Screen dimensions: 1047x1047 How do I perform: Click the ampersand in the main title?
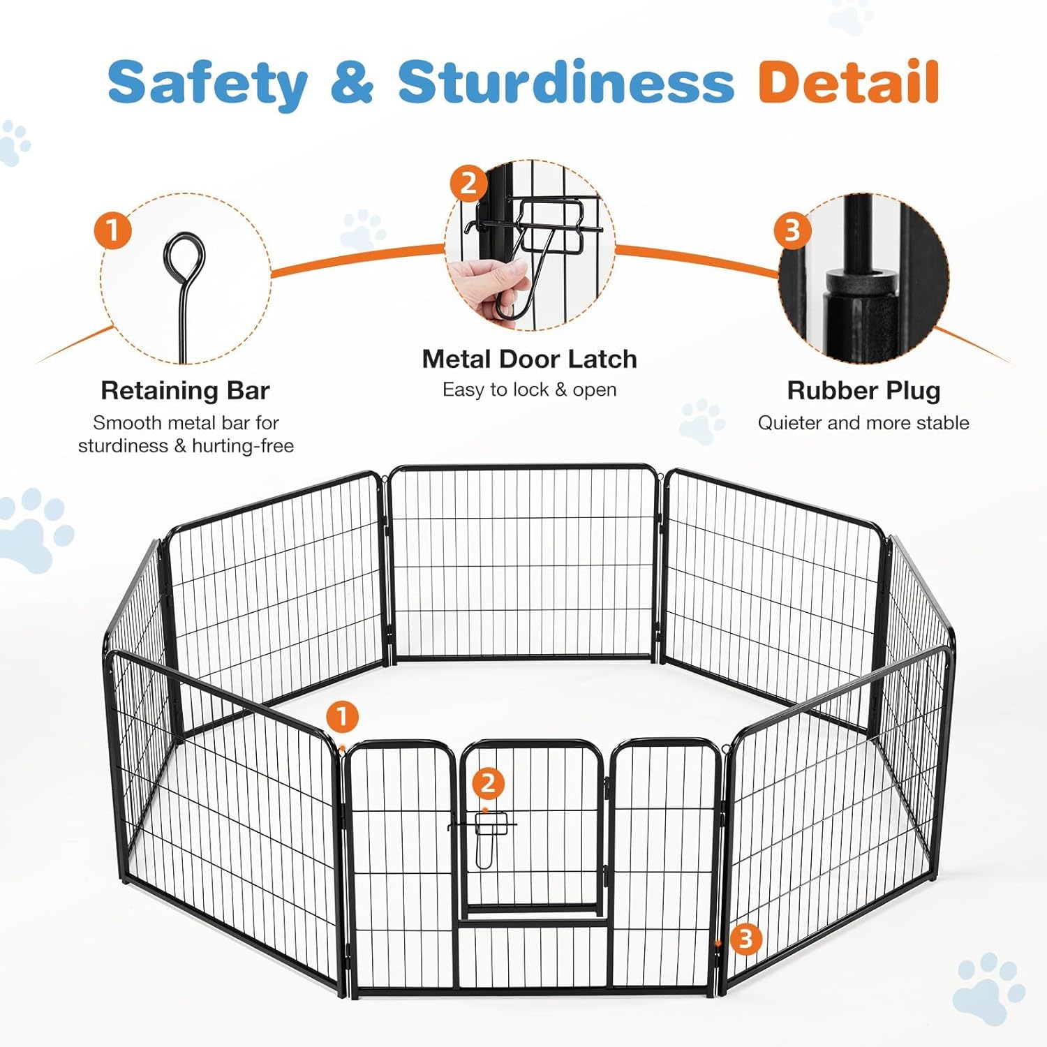tap(352, 82)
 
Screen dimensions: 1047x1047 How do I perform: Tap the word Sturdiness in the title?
tap(565, 82)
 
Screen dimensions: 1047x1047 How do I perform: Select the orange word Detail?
tap(849, 82)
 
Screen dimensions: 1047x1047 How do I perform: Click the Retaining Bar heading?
tap(185, 391)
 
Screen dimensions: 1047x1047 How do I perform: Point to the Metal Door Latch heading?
tap(529, 359)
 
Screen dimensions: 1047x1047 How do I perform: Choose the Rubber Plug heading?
tap(863, 391)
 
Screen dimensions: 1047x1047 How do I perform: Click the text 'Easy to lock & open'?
tap(529, 389)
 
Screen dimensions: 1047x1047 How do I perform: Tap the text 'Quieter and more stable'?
tap(863, 423)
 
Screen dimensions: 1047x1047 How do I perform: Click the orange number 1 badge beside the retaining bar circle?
tap(113, 230)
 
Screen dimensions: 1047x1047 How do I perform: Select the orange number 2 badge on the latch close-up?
tap(468, 184)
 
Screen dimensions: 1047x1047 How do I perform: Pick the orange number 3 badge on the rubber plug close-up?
tap(792, 230)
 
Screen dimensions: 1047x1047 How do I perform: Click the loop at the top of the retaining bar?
tap(185, 256)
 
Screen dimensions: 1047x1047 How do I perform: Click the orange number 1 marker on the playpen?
tap(342, 717)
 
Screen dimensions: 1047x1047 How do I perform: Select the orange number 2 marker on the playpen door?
tap(488, 783)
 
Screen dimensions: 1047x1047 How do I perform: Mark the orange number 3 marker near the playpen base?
tap(745, 939)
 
